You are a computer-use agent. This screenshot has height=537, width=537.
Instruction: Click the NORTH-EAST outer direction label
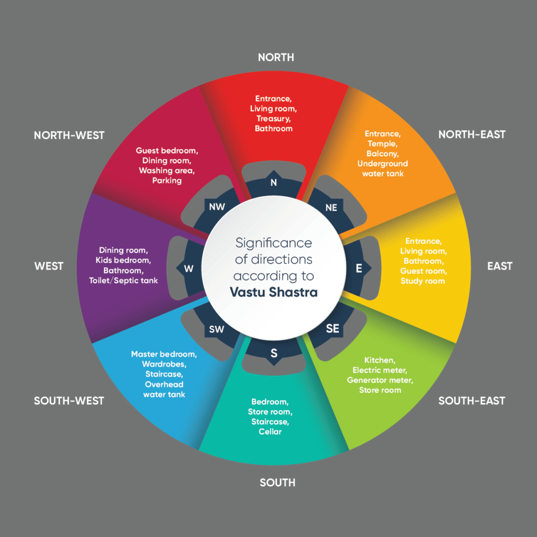point(471,134)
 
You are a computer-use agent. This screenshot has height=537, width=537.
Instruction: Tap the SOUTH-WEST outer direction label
point(69,401)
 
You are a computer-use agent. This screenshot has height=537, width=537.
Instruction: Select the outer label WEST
point(49,266)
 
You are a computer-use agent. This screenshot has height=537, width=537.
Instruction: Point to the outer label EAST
point(499,266)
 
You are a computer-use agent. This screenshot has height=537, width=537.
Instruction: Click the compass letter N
point(273,182)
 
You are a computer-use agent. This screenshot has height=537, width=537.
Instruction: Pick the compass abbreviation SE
point(332,329)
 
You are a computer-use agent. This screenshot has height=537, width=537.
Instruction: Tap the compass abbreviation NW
point(217,207)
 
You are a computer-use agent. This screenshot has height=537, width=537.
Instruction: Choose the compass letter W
point(189,269)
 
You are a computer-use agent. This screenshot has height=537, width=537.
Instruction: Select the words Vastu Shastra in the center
point(274,292)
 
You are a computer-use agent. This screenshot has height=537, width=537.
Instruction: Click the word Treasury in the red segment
point(274,119)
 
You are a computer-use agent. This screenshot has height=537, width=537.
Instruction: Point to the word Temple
point(383,144)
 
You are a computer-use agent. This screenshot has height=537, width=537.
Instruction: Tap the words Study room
point(423,281)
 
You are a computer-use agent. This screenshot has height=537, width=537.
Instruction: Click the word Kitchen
point(380,360)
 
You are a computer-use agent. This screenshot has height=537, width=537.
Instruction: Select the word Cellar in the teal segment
point(270,432)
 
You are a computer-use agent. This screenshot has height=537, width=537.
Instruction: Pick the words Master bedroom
point(164,354)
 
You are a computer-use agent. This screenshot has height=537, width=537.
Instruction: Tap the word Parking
point(167,180)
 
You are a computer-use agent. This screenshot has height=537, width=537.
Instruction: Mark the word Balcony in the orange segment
point(383,154)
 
